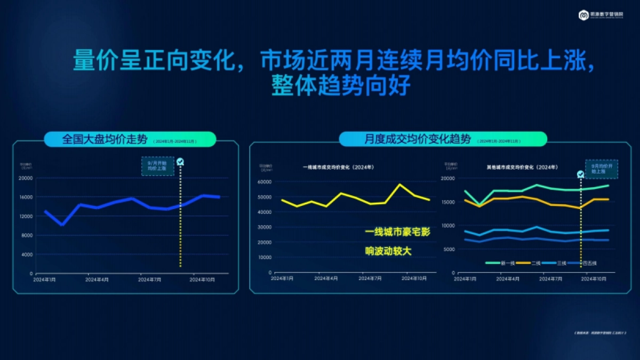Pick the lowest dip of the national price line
(x=62, y=225)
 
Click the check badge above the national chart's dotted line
(x=180, y=162)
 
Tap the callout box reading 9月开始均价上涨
(x=157, y=166)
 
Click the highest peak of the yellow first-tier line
(x=400, y=184)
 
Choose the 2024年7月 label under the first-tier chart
(x=369, y=278)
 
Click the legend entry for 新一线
(x=499, y=263)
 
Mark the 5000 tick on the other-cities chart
(x=449, y=249)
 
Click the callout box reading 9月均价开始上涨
(x=601, y=169)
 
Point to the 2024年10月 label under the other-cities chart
(x=594, y=278)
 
